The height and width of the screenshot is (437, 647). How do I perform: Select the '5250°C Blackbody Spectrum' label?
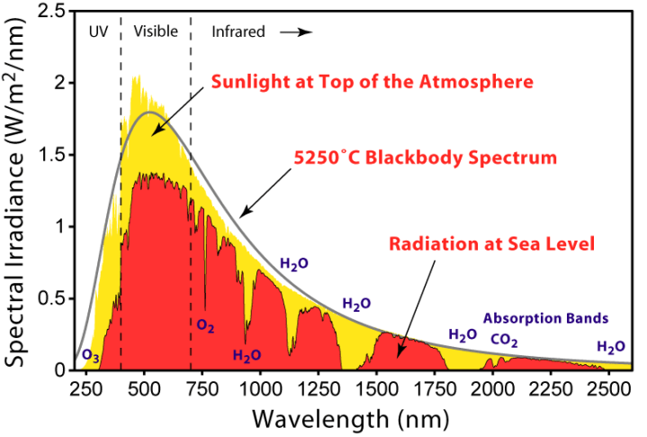[x=426, y=157]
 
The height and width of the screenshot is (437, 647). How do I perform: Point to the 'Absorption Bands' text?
[x=546, y=318]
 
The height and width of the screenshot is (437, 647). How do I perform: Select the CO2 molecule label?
[x=504, y=340]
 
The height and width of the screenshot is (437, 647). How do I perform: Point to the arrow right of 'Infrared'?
[x=297, y=32]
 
